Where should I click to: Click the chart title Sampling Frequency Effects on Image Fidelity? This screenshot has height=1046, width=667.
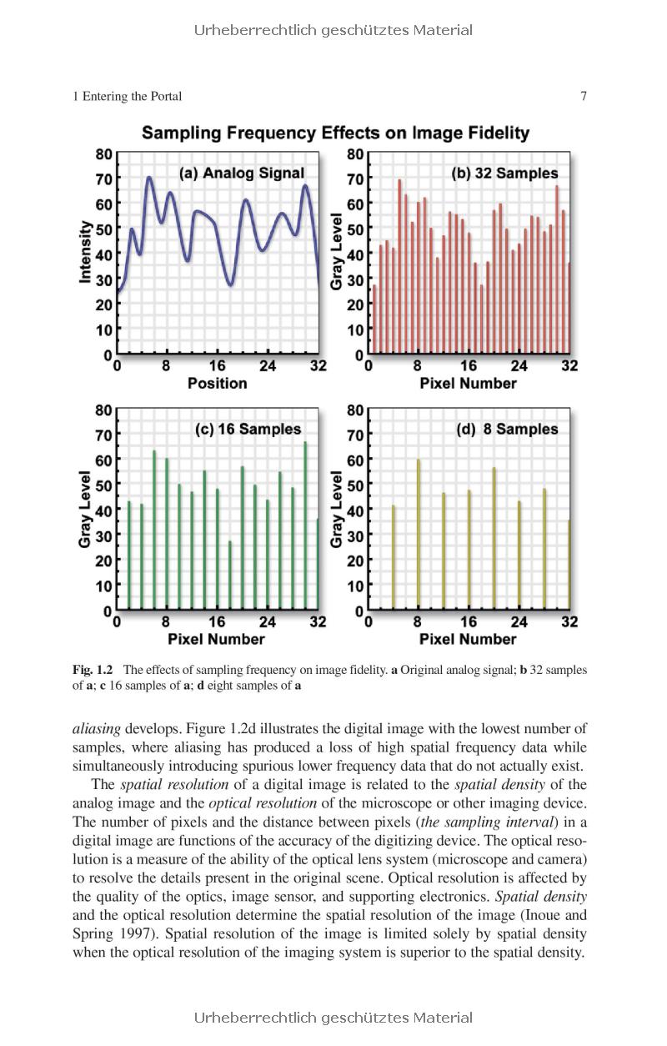(x=335, y=133)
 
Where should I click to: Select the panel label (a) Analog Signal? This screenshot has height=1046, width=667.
(x=242, y=173)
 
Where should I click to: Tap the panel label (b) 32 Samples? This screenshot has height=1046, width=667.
(x=504, y=173)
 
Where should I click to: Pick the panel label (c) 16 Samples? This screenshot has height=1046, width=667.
(x=248, y=430)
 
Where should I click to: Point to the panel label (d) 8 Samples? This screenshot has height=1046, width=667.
(x=507, y=430)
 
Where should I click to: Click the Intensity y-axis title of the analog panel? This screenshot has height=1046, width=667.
(x=85, y=252)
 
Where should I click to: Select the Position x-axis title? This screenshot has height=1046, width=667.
(x=217, y=384)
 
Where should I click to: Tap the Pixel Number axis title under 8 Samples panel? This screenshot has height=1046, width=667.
(x=468, y=640)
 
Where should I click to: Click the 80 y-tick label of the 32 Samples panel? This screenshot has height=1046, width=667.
(x=355, y=154)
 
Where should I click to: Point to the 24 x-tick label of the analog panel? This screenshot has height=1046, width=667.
(x=268, y=366)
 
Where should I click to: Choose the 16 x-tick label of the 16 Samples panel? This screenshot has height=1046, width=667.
(x=217, y=622)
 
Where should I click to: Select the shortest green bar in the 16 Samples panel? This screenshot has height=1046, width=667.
(x=230, y=576)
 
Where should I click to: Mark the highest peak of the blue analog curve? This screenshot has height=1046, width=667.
(x=148, y=178)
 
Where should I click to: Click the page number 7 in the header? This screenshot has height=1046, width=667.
(x=584, y=97)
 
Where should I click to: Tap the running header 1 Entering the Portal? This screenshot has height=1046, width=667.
(x=127, y=97)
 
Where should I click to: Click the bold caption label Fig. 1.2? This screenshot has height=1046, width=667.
(x=93, y=670)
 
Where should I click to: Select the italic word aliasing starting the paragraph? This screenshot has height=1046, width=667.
(x=96, y=729)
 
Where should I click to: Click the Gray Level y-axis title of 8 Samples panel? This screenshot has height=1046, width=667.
(x=337, y=509)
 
